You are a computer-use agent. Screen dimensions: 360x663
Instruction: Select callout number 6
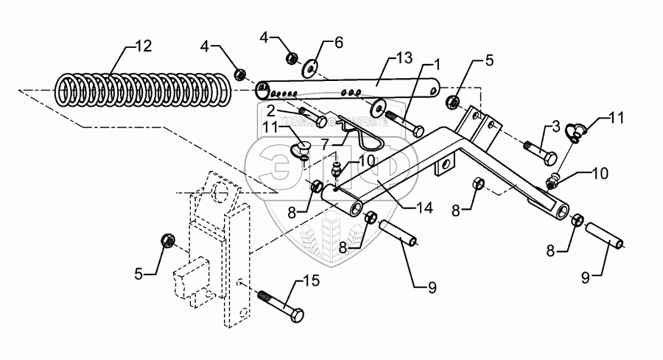(x=339, y=43)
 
